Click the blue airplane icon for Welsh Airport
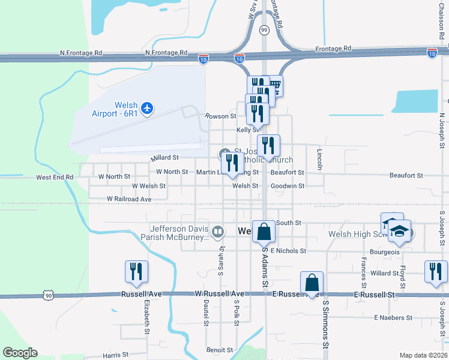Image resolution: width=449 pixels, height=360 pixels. click(x=148, y=108)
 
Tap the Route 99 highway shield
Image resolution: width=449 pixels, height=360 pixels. click(x=264, y=29)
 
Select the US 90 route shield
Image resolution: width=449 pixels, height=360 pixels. click(x=49, y=295)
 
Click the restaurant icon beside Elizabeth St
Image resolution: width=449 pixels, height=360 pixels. click(x=136, y=271)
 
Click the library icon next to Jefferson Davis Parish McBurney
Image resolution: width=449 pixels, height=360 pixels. click(x=218, y=231)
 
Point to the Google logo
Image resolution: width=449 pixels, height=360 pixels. click(x=20, y=353)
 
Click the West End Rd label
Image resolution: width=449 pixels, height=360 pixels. click(x=54, y=178)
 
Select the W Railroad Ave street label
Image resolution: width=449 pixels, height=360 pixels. click(x=129, y=199)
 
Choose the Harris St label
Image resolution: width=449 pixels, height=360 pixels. click(x=115, y=355)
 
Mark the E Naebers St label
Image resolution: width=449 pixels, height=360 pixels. click(x=394, y=317)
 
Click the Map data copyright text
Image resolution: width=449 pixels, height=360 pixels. click(x=423, y=355)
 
